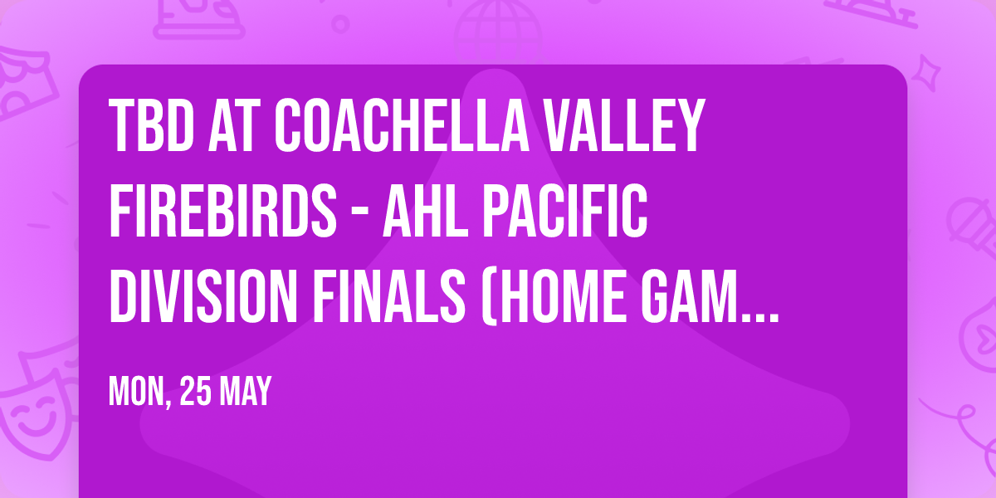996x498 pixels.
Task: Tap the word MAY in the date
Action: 247,392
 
